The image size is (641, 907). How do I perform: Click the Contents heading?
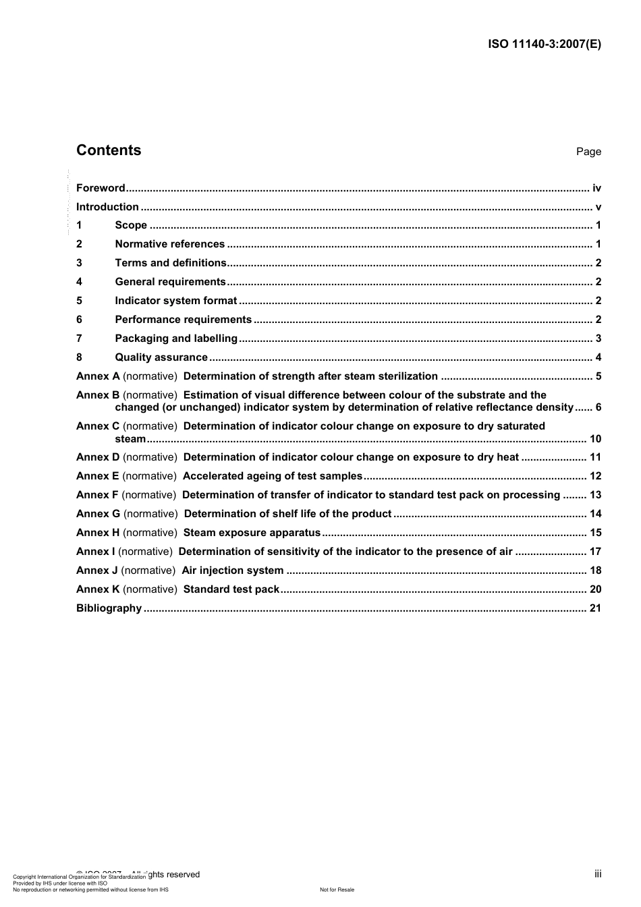click(109, 150)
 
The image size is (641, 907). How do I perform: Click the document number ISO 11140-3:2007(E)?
click(544, 45)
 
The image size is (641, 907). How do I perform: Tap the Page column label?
click(588, 152)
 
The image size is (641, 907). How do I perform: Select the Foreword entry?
click(101, 188)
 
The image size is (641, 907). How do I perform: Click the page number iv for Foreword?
click(596, 188)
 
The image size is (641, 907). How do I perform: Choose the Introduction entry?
click(107, 207)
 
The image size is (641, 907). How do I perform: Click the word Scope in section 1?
click(131, 225)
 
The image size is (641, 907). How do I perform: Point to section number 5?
click(79, 301)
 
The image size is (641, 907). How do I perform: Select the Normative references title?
click(169, 244)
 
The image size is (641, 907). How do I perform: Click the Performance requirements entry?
click(183, 320)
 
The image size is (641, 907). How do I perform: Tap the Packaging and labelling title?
click(176, 339)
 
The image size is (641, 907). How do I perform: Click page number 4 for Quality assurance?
click(598, 357)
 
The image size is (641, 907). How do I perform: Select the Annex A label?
click(98, 376)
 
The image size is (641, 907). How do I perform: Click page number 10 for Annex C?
click(595, 439)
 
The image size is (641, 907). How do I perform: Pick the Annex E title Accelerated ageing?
click(273, 476)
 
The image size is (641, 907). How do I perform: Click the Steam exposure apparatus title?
click(252, 533)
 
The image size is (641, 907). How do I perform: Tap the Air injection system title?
click(233, 570)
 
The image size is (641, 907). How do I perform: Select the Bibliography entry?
click(109, 608)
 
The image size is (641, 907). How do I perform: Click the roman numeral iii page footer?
click(598, 874)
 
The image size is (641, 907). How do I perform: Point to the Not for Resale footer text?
click(337, 889)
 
